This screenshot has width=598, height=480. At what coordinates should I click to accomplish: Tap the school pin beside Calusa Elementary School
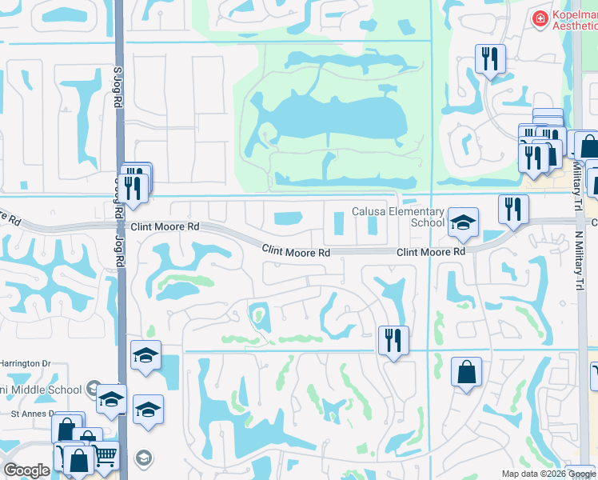pos(463,223)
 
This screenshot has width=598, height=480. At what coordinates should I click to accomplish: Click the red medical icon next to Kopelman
pos(540,18)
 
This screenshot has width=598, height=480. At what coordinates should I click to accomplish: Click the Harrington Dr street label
pos(25,363)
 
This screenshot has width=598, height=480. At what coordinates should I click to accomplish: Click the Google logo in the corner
pos(26,470)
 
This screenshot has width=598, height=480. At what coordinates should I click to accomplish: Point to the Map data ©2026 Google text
pos(549,474)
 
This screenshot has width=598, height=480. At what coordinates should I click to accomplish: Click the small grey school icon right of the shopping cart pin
pos(143,458)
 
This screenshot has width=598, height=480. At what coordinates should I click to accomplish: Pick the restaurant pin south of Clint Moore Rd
pos(393,340)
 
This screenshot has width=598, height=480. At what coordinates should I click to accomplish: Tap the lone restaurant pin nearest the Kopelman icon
pos(489,59)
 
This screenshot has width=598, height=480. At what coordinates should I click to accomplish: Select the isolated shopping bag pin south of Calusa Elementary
pos(467,373)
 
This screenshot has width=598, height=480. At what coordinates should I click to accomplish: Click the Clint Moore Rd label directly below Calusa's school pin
pos(431,252)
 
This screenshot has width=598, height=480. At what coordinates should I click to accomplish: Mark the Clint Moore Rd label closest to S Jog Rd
pos(165,227)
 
